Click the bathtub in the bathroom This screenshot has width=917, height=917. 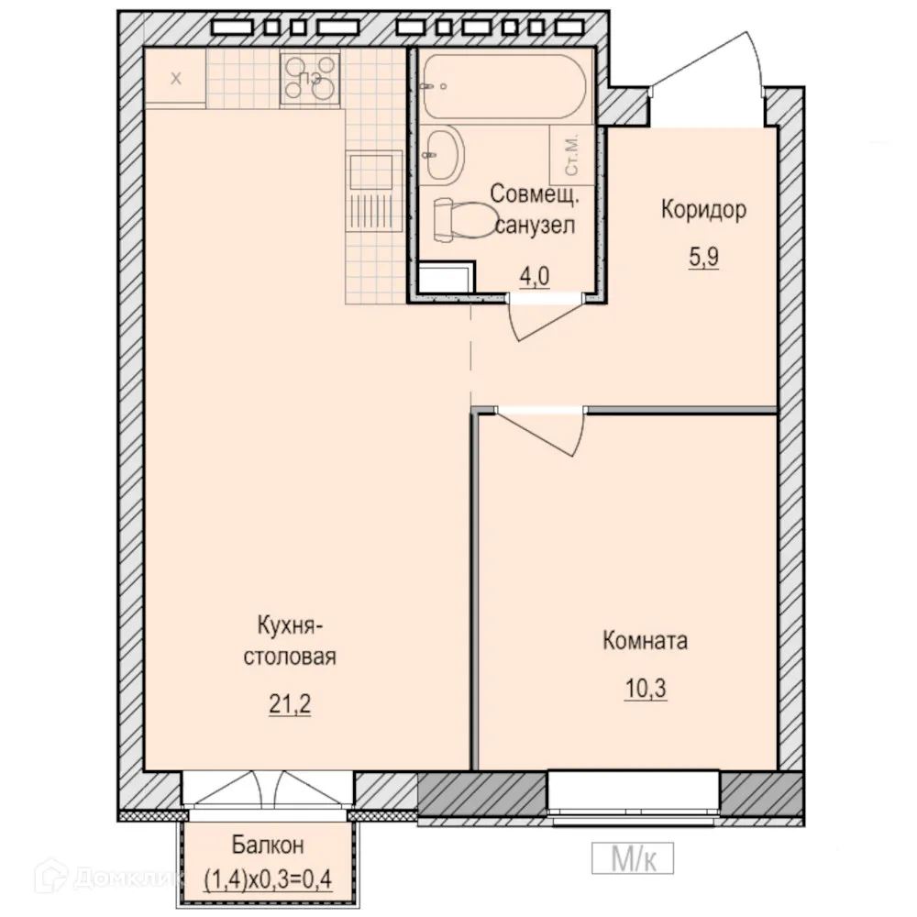tap(503, 86)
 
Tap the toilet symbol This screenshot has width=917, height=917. tap(464, 220)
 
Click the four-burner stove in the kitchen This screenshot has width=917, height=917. tap(310, 78)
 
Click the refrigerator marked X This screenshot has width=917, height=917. tap(175, 78)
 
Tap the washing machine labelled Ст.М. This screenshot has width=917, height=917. tap(571, 155)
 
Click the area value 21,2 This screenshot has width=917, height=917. tap(290, 704)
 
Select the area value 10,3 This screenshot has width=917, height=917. tap(646, 689)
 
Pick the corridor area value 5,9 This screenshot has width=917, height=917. tap(703, 257)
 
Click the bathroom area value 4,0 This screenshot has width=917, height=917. tap(535, 276)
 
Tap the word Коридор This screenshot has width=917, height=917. tap(703, 209)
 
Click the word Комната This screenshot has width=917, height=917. tap(645, 640)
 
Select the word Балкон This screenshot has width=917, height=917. tap(268, 845)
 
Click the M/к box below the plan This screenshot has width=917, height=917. tap(633, 858)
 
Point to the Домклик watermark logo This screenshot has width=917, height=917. tap(105, 876)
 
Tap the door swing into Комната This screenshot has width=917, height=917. tap(541, 432)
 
